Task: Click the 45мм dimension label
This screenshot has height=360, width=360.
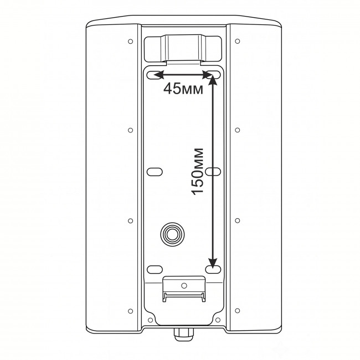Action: point(183,89)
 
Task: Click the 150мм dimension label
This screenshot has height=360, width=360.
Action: point(198,172)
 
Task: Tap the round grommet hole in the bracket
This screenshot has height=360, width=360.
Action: point(172,234)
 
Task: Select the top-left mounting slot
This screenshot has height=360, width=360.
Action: point(154,75)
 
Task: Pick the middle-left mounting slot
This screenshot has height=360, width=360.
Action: point(155,172)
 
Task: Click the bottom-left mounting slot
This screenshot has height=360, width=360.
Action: point(155,270)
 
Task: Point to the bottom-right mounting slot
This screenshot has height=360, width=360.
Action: point(213,270)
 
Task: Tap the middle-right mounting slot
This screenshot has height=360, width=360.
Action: point(213,172)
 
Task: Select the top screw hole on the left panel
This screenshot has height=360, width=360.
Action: point(130,42)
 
